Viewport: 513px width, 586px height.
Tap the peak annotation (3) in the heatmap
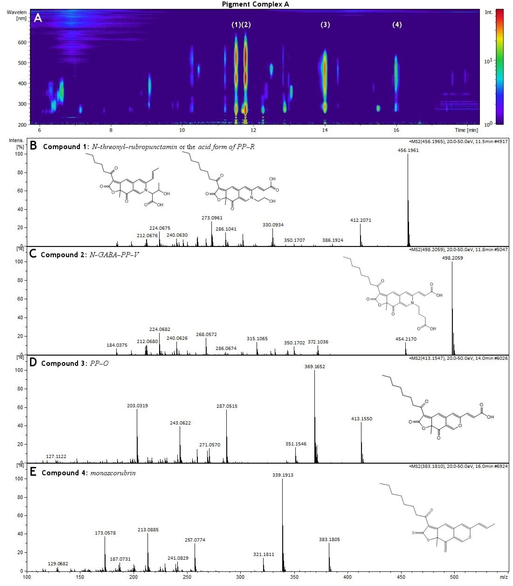point(325,25)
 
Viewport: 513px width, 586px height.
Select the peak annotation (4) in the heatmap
point(397,25)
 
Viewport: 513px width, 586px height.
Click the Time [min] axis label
point(466,130)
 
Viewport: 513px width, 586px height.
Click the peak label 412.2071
point(360,220)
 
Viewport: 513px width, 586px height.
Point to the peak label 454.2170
point(406,339)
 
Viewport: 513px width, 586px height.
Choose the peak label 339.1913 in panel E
point(283,475)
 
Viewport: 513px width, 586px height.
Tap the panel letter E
point(33,472)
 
